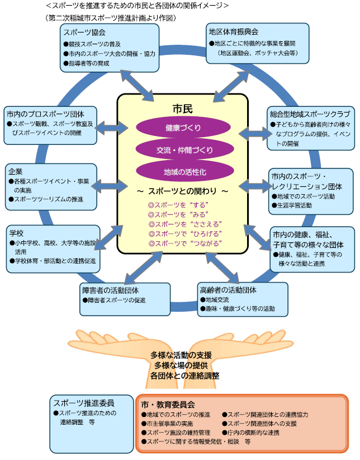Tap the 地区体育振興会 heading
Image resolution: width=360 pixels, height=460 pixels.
233,31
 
